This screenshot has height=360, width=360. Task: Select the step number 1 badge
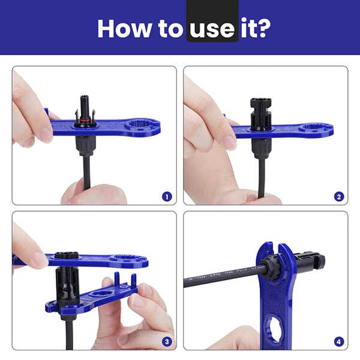point(167,196)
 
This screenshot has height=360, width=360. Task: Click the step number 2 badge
point(339,196)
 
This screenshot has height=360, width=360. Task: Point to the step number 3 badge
point(167,341)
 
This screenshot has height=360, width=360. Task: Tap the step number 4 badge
point(339,341)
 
